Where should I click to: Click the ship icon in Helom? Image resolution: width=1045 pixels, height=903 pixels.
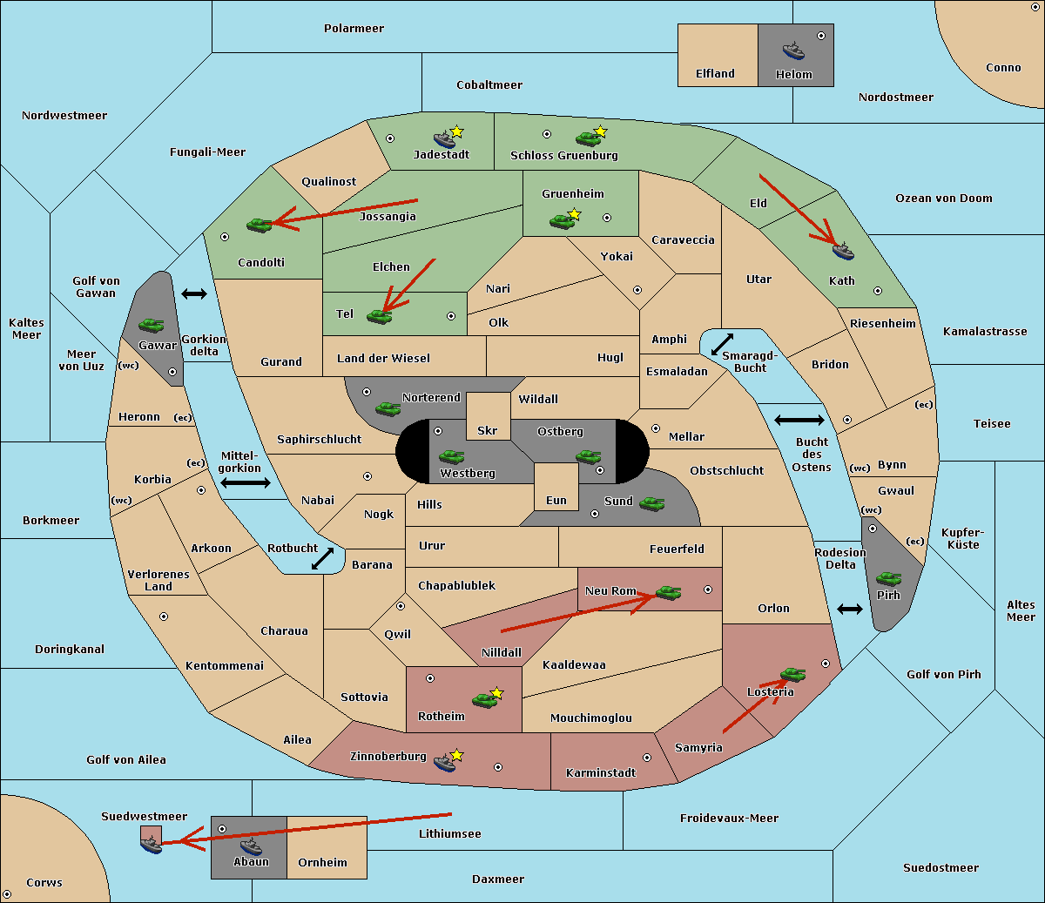793,50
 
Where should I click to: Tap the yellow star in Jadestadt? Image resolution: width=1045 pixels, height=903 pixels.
457,131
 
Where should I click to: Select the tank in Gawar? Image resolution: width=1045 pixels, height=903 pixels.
151,325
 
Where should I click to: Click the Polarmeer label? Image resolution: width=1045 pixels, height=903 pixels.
354,29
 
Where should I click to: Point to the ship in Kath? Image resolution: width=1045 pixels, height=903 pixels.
843,251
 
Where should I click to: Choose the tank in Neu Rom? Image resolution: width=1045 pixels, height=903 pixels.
668,592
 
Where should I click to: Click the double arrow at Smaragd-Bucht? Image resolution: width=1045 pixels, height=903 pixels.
723,344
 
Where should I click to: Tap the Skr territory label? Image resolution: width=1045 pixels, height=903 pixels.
488,430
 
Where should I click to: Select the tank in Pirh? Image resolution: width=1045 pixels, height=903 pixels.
889,578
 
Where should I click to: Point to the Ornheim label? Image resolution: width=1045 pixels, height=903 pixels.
322,862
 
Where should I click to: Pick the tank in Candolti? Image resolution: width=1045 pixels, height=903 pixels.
259,225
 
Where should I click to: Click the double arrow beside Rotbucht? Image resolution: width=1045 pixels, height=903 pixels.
322,558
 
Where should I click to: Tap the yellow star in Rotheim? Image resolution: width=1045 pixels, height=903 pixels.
497,693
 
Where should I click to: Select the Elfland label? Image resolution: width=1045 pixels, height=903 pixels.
715,74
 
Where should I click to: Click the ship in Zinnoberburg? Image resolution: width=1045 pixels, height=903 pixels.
445,762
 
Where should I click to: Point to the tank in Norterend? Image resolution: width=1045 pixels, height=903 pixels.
388,408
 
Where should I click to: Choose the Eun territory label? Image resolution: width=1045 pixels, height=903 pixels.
556,501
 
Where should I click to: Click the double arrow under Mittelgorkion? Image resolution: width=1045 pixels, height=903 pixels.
246,482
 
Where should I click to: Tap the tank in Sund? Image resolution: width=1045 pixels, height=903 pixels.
652,503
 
